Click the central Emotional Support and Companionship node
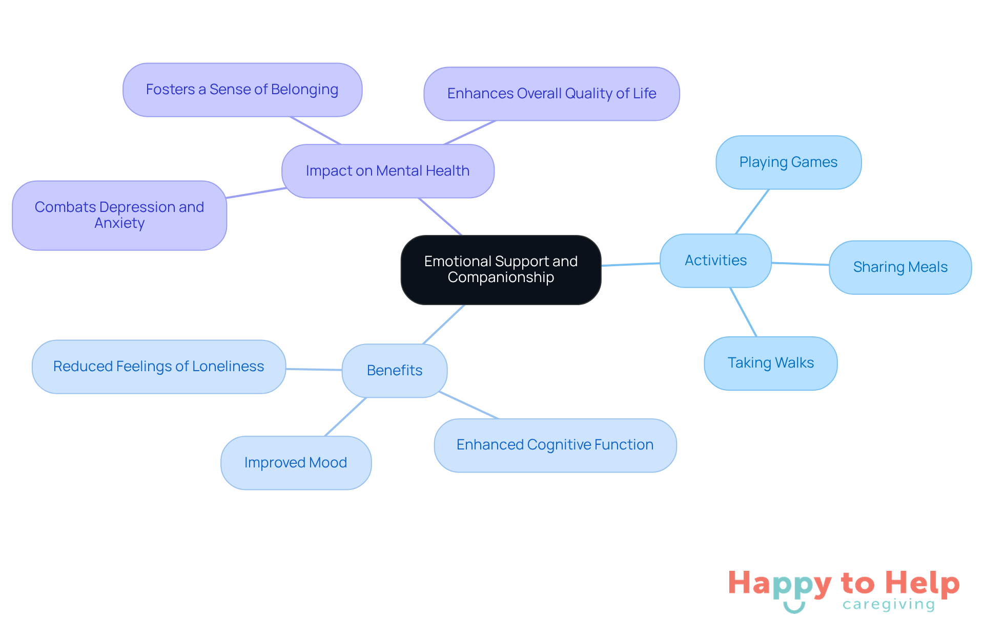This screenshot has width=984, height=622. [x=501, y=269]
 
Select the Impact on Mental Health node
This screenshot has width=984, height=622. [x=387, y=171]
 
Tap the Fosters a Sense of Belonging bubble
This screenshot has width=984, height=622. [x=242, y=90]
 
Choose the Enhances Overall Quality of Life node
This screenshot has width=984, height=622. [x=551, y=94]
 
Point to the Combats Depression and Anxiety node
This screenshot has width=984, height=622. [x=119, y=215]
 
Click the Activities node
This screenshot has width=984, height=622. [x=715, y=261]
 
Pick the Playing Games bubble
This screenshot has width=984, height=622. [x=788, y=162]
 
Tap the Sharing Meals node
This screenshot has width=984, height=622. [x=900, y=267]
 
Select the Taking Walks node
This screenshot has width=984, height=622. [x=770, y=363]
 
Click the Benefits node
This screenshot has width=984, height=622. [x=394, y=371]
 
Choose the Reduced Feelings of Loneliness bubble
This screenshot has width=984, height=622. [x=158, y=367]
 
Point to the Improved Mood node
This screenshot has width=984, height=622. [x=296, y=463]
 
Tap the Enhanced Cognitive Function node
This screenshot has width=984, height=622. [x=555, y=445]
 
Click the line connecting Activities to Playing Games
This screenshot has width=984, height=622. [x=752, y=211]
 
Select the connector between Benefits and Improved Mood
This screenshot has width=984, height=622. [x=346, y=417]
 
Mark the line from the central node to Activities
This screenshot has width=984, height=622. [x=630, y=264]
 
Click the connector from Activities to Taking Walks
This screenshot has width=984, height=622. [x=743, y=312]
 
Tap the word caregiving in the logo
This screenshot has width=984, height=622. [x=889, y=605]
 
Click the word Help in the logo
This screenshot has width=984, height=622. [x=922, y=583]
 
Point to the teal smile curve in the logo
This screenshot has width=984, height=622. [x=794, y=608]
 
